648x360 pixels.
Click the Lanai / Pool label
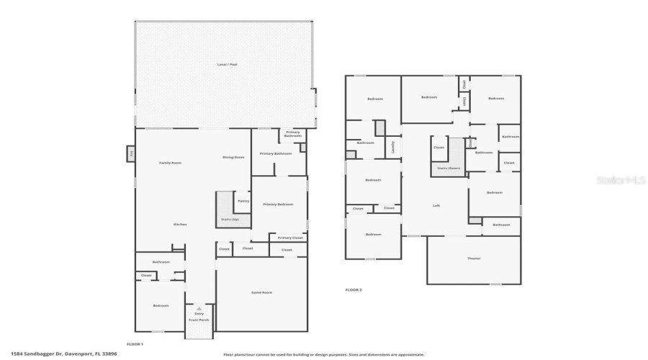pos(228,65)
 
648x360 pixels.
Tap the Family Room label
pos(170,163)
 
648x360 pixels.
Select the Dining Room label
pos(233,157)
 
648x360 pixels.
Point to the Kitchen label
pos(180,224)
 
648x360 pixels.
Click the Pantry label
pos(243,201)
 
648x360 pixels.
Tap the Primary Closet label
pos(290,238)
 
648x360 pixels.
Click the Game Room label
pos(261,292)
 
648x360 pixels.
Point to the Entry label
pos(199,313)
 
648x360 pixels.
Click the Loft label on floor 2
pos(436,205)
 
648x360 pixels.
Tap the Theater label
pos(474,258)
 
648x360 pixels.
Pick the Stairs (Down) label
pos(449,168)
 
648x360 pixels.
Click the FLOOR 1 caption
pos(135,344)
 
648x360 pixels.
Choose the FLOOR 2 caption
pos(354,289)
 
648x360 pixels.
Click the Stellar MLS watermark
pos(621,180)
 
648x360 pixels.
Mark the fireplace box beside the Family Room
pos(131,153)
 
